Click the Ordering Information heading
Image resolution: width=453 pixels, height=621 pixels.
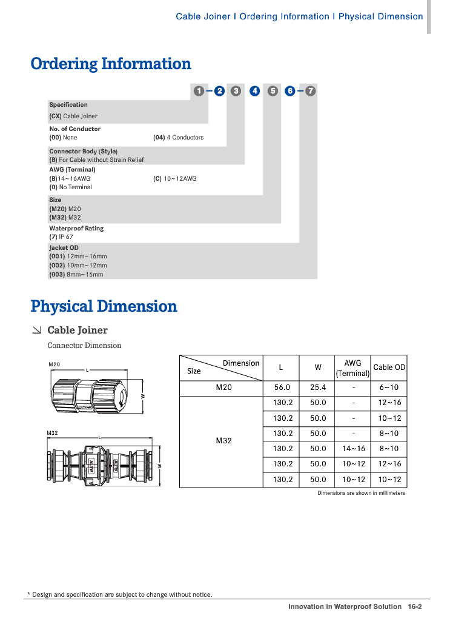click(111, 64)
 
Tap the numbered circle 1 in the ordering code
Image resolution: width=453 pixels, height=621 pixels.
click(199, 91)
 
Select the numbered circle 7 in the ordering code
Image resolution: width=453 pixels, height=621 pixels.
click(310, 91)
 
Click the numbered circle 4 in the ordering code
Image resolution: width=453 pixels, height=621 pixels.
click(255, 91)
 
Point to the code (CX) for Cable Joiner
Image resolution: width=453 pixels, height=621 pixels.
click(55, 116)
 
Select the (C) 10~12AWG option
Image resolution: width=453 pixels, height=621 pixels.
click(174, 179)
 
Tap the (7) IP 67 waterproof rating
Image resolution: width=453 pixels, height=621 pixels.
click(61, 237)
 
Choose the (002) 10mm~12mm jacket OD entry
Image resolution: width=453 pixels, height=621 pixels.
click(78, 265)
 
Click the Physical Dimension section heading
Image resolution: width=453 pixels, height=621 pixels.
click(104, 306)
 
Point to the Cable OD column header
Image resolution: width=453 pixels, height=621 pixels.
click(389, 368)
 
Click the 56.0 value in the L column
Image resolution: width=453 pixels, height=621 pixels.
click(282, 388)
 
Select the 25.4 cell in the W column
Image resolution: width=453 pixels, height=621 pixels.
click(318, 388)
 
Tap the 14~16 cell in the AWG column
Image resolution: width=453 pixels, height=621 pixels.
click(353, 449)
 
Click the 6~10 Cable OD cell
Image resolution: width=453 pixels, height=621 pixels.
click(389, 388)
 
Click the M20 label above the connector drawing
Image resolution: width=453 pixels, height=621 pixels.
click(54, 364)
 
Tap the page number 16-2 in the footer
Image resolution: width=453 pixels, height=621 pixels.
click(414, 606)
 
